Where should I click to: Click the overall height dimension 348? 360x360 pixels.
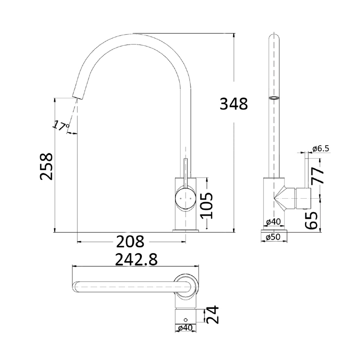(233, 103)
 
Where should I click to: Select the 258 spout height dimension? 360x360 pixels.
(47, 166)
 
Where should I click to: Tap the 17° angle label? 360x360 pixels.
(61, 125)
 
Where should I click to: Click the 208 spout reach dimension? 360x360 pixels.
(131, 242)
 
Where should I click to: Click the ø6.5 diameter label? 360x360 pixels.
(321, 148)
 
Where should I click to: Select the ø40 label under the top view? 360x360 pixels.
(186, 328)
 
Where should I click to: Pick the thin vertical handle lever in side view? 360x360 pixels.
(307, 169)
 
